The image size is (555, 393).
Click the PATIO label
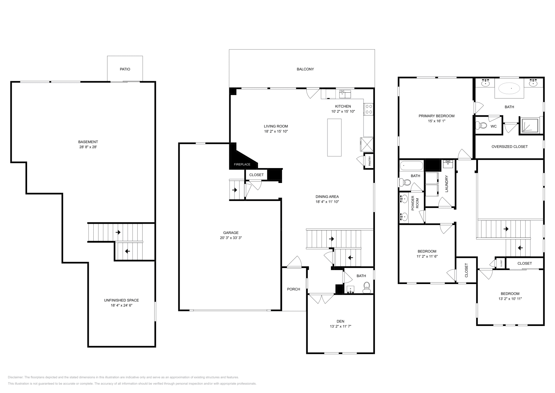(x=125, y=69)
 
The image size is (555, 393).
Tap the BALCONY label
(x=305, y=69)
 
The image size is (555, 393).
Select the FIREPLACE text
(x=242, y=164)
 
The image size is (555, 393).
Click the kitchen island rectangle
(x=334, y=137)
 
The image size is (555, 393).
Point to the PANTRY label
(x=370, y=161)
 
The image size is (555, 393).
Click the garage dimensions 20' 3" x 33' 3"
(x=231, y=238)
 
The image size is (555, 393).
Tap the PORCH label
(x=293, y=289)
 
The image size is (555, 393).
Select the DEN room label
(x=340, y=321)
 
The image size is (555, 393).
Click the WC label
(x=493, y=126)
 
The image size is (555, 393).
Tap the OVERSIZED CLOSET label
(x=509, y=147)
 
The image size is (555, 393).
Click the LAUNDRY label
(x=447, y=184)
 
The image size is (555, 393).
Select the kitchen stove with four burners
(x=368, y=109)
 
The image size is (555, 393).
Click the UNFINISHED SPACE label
(x=121, y=300)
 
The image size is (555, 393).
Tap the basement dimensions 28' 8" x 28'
(x=88, y=147)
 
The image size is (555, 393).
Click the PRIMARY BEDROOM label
(x=436, y=116)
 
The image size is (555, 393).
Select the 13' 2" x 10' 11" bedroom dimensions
(x=510, y=299)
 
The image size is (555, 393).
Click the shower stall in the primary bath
(x=529, y=126)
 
